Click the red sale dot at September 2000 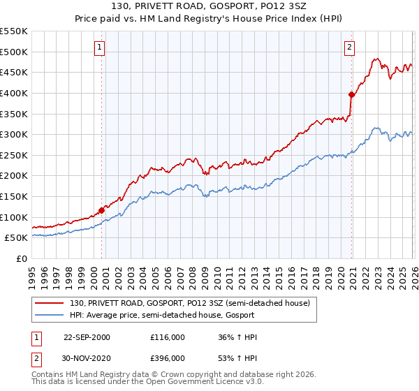pos(102,209)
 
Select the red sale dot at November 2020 pos(351,94)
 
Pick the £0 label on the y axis pos(22,259)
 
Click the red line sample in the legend pos(50,303)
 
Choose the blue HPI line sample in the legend pos(50,315)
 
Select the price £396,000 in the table pos(168,357)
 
